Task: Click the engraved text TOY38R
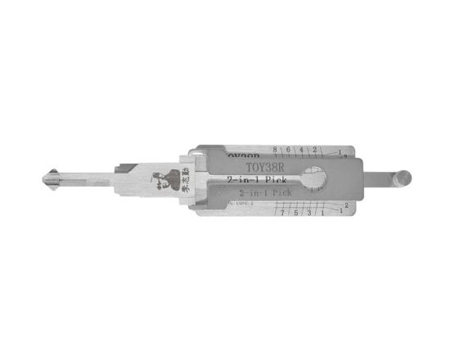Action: pos(245,163)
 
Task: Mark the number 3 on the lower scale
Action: pos(308,212)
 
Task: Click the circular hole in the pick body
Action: pos(315,176)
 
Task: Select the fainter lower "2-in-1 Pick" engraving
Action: pos(270,191)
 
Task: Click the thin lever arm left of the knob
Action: pos(373,177)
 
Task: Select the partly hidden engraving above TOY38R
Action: pos(245,151)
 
